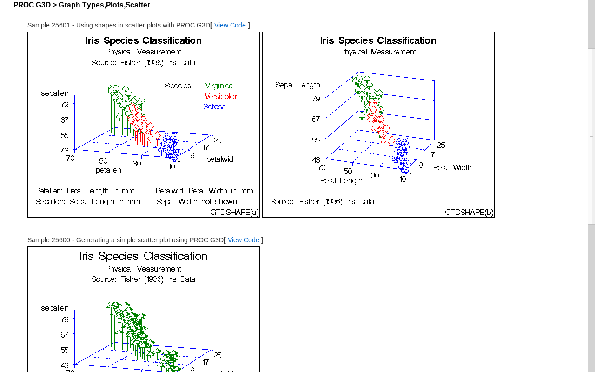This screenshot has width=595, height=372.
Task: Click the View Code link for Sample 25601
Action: [x=230, y=25]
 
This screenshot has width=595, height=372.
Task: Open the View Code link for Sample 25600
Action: [x=243, y=240]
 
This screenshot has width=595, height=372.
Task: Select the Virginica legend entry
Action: [x=219, y=86]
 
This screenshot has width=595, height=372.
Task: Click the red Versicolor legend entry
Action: [x=221, y=97]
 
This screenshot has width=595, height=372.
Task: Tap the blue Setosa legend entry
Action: [x=214, y=107]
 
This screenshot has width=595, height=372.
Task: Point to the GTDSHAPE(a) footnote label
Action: [x=234, y=213]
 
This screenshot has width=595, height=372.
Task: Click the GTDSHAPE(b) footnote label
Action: [x=469, y=213]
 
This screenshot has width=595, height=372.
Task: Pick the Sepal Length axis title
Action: [x=297, y=85]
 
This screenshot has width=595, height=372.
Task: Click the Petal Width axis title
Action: [x=452, y=168]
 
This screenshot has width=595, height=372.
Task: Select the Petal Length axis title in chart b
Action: [x=341, y=181]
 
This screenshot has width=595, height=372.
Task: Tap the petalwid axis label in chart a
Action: [x=220, y=159]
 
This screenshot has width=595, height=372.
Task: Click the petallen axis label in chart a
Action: [x=108, y=170]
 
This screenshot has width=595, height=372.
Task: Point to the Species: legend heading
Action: [x=179, y=86]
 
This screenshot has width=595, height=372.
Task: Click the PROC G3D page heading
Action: [x=82, y=5]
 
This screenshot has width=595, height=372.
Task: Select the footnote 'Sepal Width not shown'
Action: [x=197, y=202]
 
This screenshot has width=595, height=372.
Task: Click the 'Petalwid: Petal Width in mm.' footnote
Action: [x=205, y=191]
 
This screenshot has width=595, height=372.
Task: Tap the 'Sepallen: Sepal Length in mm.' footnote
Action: [x=89, y=202]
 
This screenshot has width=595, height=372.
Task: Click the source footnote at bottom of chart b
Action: [x=322, y=202]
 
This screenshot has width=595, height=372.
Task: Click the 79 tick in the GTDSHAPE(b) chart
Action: [x=316, y=99]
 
